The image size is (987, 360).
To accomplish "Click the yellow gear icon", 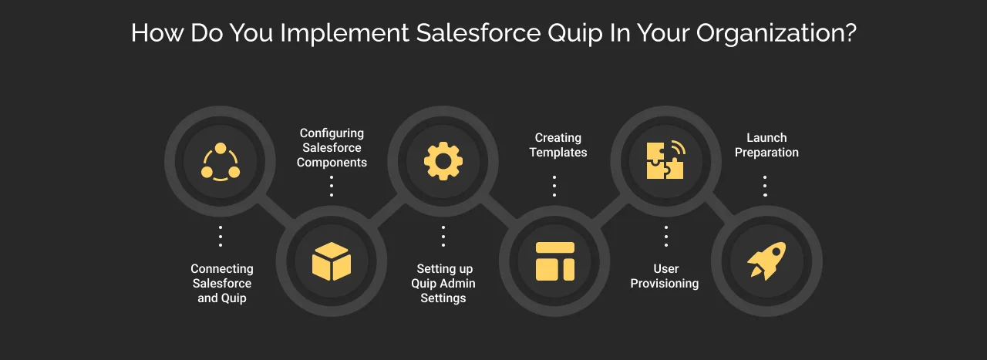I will coord(443,162).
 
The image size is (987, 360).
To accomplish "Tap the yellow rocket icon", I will coord(766,261).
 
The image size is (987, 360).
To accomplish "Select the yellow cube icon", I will coord(332,261).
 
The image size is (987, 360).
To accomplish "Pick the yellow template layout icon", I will coord(555,261).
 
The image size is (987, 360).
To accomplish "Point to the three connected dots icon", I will coord(221,162).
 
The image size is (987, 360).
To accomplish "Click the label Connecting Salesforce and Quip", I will coord(222,283).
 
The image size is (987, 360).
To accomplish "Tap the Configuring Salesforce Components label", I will coord(332,148).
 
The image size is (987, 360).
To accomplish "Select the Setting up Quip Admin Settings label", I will coord(443,283).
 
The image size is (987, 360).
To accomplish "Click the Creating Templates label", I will coord(558,145).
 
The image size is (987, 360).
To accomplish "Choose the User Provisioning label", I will coord(665,276).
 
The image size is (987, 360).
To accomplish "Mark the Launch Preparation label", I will coord(766,145).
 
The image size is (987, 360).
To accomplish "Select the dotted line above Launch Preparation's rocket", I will coord(765,186).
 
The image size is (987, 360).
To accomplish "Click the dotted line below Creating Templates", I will coord(554,186).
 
